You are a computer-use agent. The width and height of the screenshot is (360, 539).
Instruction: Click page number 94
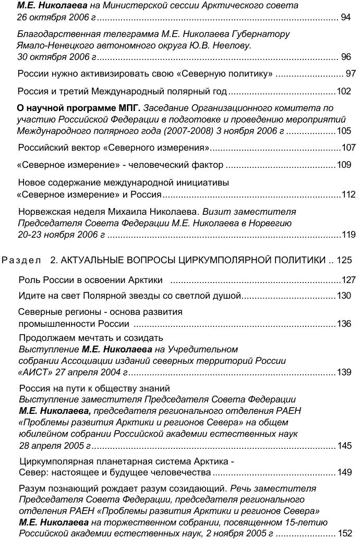coord(346,18)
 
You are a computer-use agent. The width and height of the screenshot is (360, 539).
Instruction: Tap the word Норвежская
coord(43,212)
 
